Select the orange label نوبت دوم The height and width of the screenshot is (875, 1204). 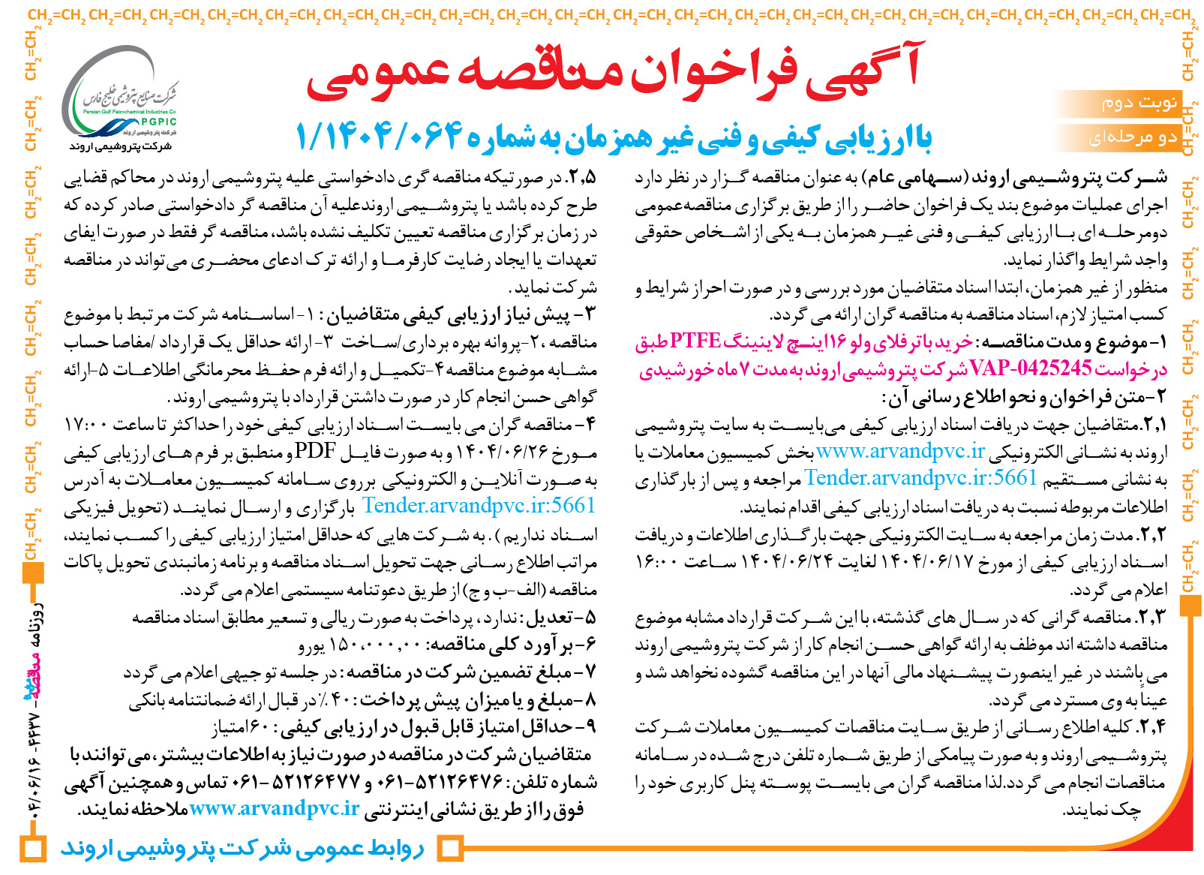point(1139,103)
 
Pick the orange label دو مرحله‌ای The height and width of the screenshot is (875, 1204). point(1132,138)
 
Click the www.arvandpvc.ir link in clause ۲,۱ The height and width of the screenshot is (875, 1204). point(900,451)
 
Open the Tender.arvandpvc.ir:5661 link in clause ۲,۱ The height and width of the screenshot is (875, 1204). point(921,478)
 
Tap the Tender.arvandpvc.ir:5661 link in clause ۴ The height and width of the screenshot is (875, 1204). point(479,506)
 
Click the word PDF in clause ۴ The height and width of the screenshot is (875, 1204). point(314,451)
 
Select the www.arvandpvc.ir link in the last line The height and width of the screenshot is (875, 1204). point(274,809)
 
